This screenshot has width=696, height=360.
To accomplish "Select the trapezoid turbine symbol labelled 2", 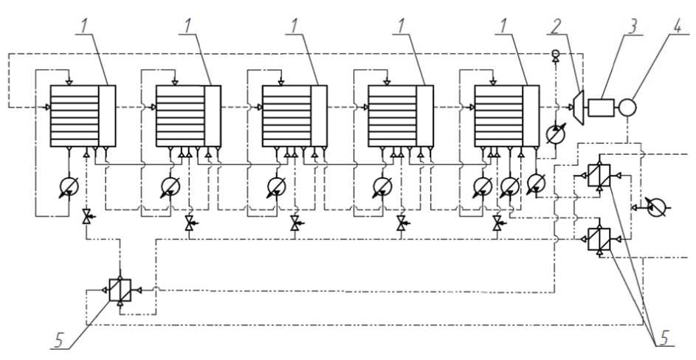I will (x=579, y=106).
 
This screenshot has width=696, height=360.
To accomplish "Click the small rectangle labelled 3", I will (x=602, y=107).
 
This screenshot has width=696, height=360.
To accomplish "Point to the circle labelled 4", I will (x=627, y=107).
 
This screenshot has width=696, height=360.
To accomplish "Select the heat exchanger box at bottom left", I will (x=119, y=290).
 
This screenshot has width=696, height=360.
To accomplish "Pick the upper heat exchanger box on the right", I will (x=598, y=176).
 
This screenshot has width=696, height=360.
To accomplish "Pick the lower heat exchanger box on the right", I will (x=598, y=239).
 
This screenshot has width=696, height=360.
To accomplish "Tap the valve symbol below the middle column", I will (x=296, y=221).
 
